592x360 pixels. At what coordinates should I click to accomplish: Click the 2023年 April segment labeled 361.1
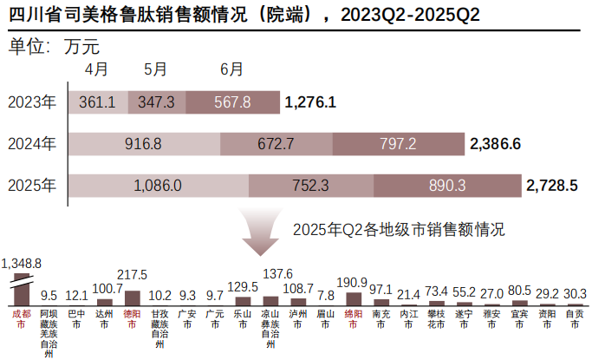(x=97, y=102)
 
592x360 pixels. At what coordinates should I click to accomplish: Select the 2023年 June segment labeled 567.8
(x=231, y=102)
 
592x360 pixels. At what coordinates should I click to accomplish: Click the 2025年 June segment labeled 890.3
(x=447, y=185)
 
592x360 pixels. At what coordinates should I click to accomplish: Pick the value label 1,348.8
(x=22, y=262)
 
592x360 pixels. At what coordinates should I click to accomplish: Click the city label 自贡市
(x=574, y=318)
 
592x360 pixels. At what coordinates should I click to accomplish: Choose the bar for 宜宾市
(x=518, y=301)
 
